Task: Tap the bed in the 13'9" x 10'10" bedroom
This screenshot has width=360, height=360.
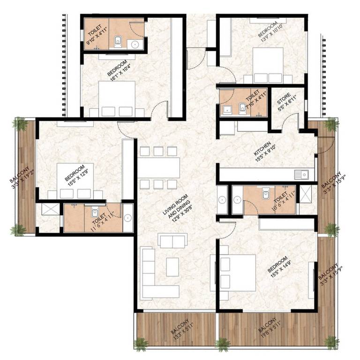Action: (x=268, y=64)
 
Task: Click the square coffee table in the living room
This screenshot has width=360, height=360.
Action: (x=172, y=267)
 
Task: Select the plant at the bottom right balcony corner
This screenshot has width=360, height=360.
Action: (x=331, y=342)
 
